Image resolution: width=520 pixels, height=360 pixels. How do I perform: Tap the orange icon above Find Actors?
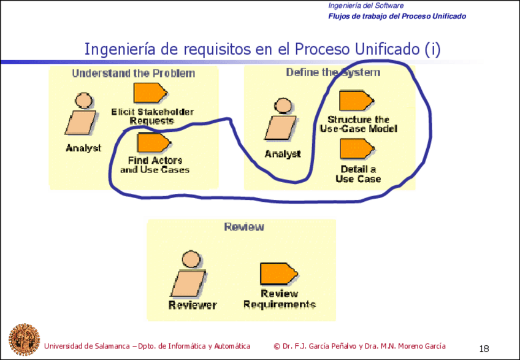pos(154,143)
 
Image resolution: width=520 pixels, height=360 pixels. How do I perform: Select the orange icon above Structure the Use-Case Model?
pos(356,100)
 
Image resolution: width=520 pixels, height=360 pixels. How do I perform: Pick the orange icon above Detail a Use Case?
pos(357,149)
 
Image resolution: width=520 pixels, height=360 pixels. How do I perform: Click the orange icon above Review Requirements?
pos(279,274)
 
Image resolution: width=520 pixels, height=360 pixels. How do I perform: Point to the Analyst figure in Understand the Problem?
pos(81,114)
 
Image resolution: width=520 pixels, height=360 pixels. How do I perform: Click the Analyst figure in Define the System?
pos(281,119)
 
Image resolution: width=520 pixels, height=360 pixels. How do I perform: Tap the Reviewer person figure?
pos(188,274)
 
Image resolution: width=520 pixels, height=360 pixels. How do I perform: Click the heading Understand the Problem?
pos(134,74)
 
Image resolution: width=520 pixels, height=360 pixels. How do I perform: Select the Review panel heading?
pos(244,227)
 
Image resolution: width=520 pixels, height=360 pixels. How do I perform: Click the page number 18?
pos(484,349)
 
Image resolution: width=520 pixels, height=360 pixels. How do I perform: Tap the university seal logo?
pos(24,339)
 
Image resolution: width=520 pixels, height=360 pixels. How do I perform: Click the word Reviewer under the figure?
pos(193,305)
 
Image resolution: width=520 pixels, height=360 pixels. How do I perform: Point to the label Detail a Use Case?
pos(358,174)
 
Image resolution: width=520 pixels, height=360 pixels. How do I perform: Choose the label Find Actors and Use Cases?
pos(155,165)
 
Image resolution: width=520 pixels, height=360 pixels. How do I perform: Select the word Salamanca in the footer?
pos(112,347)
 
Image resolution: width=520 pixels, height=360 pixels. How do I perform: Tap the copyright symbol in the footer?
pos(277,347)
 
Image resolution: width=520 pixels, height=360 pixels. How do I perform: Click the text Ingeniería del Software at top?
pos(366,6)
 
